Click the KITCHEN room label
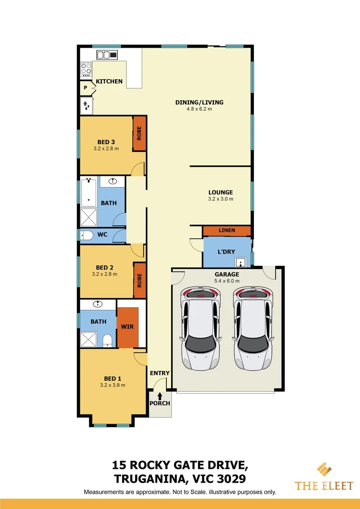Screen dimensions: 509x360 point(109,82)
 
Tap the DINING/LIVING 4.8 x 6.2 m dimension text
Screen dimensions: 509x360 point(199,109)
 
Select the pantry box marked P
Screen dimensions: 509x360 point(86,88)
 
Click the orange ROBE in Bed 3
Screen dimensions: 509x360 point(139,133)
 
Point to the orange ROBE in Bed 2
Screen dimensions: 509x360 point(139,280)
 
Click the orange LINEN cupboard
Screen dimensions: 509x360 point(226,230)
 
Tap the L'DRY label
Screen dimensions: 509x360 point(226,252)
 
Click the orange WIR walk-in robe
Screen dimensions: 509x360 point(127,327)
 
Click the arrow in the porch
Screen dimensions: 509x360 point(160,396)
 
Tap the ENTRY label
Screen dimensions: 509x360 point(159,373)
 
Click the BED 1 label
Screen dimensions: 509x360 point(113,378)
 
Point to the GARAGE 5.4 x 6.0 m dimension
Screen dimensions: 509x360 point(227,281)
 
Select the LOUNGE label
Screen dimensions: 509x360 point(221,192)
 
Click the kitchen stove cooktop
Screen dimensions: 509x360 point(86,69)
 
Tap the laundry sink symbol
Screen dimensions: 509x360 point(241,262)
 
